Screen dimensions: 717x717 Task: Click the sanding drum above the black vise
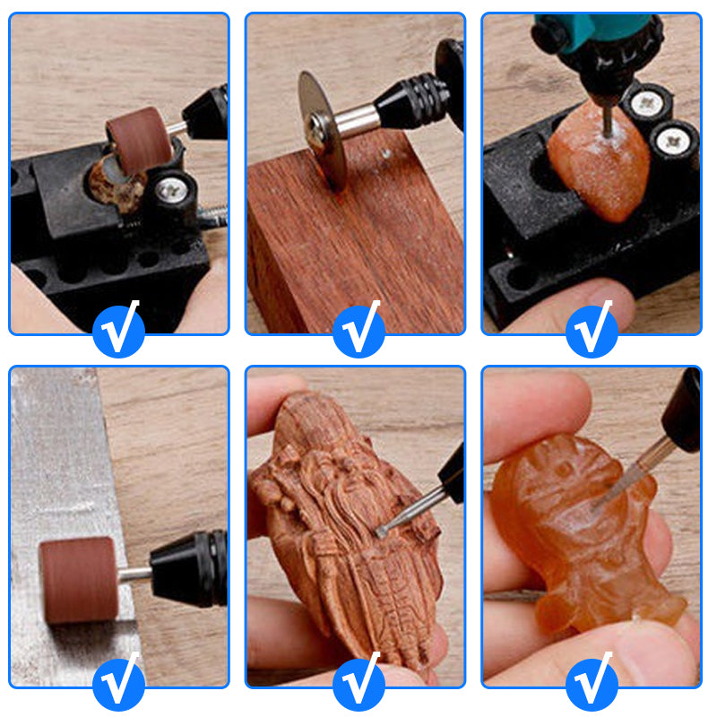pos(139,139)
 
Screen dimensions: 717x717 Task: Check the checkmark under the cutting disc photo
pos(358,329)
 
